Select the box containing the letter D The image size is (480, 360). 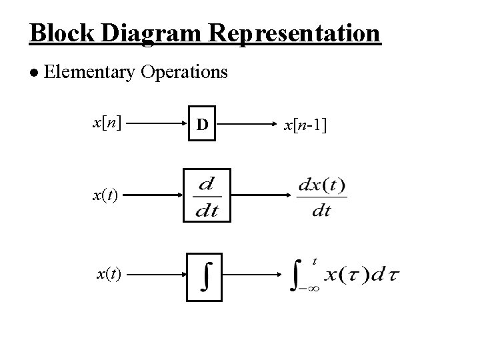[203, 125]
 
